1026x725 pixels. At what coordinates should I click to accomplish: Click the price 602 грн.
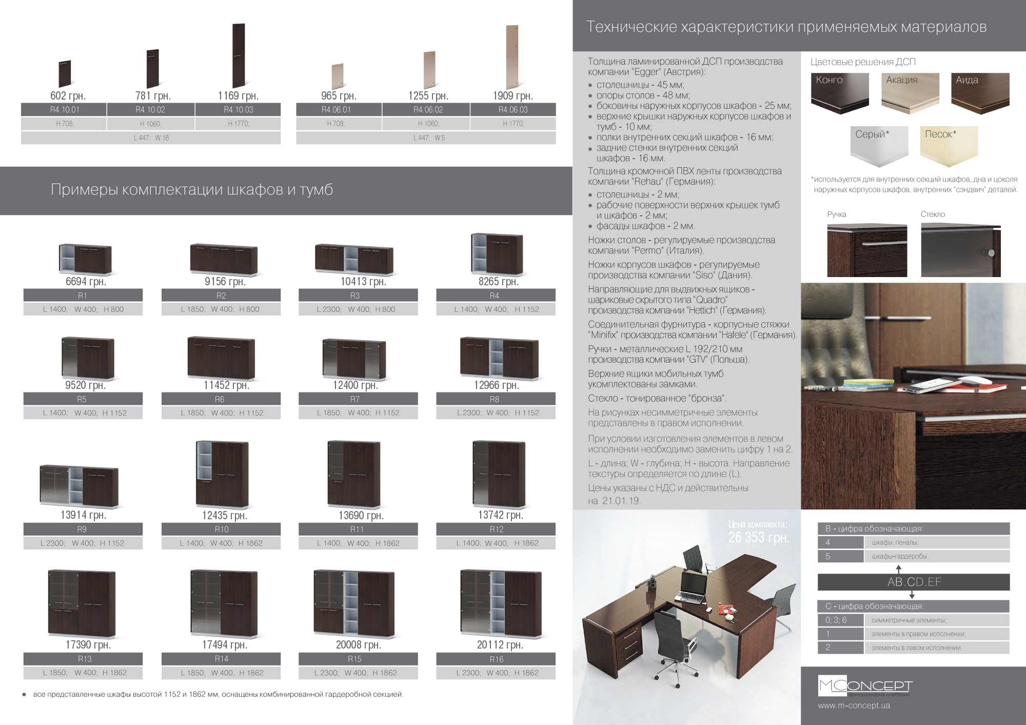tap(68, 95)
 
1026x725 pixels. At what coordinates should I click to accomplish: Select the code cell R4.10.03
tap(238, 109)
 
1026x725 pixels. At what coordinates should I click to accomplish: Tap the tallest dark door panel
tap(239, 55)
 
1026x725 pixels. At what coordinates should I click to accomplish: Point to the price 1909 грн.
tap(513, 95)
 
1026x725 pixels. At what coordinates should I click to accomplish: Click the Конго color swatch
tap(840, 93)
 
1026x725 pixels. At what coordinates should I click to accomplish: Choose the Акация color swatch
tap(910, 93)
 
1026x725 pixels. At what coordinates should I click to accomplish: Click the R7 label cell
tap(358, 399)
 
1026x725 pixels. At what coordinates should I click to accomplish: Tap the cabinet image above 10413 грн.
tap(354, 259)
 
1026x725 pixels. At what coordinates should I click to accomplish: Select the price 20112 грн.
tap(500, 644)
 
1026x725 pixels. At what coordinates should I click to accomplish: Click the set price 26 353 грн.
tap(759, 537)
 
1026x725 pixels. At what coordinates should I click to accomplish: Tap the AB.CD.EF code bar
tap(914, 582)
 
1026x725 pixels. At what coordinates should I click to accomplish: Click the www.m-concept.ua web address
tap(854, 706)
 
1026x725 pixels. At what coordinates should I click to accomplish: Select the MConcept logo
tap(865, 687)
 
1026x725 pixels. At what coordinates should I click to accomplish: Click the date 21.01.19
tap(621, 501)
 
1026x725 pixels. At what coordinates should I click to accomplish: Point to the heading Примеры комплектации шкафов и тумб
tap(192, 190)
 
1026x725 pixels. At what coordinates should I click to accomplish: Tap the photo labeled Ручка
tap(867, 250)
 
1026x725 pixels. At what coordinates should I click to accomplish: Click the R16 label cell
tap(496, 659)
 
